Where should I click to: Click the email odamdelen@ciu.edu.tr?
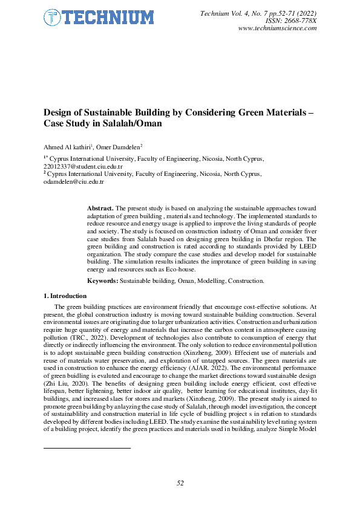coord(73,181)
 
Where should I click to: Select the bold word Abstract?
coord(101,207)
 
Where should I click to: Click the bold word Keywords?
coord(102,281)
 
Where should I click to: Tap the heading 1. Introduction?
coord(65,296)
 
